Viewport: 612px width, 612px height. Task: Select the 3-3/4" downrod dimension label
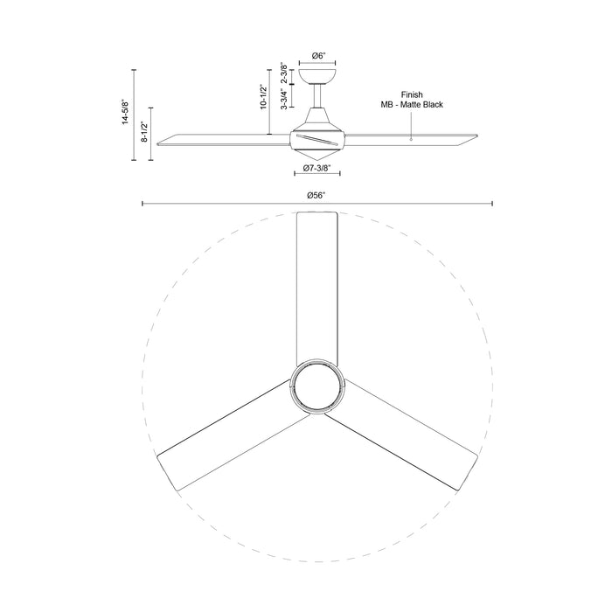284,97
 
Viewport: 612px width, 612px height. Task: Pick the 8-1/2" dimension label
145,135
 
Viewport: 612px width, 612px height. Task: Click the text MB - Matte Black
412,104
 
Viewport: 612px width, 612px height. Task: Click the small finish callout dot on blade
411,137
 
